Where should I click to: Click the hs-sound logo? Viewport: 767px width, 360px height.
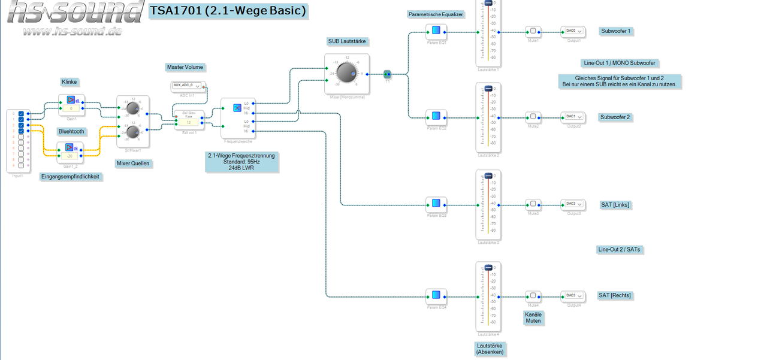[75, 18]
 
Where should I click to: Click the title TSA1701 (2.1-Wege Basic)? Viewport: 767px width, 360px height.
[228, 11]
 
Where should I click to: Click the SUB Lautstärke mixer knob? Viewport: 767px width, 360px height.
[346, 73]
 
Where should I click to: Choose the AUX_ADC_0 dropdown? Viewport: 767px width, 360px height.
[188, 86]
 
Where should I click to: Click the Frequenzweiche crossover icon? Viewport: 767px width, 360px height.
[237, 108]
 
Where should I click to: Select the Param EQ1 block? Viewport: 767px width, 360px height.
[436, 31]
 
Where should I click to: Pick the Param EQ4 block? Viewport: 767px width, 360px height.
[436, 295]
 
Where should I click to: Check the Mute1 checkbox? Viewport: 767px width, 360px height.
[533, 31]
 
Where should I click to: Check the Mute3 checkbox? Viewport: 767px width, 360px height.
[533, 204]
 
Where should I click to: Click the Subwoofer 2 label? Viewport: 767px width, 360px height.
[615, 117]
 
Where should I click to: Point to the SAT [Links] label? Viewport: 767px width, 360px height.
[615, 205]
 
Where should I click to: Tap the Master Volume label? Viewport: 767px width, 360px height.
[185, 67]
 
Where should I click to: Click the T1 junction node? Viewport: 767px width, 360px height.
[387, 74]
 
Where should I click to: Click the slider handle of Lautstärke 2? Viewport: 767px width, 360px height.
[488, 89]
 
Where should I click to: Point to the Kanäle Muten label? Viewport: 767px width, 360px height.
[533, 317]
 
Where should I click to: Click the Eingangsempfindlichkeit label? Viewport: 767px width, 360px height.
[70, 177]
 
